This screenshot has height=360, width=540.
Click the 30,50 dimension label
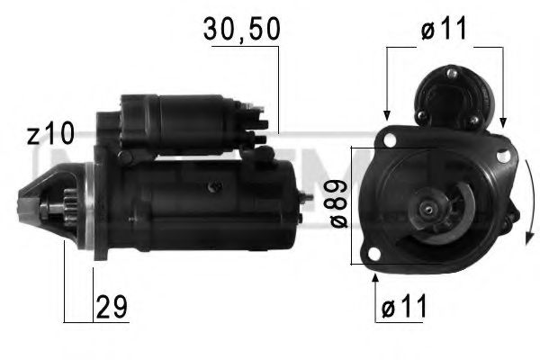(x=242, y=29)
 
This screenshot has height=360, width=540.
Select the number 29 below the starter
(x=112, y=308)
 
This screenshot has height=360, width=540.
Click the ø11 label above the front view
(x=444, y=29)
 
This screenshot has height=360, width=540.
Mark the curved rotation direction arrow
(x=526, y=202)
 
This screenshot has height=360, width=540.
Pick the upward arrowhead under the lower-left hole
(x=374, y=278)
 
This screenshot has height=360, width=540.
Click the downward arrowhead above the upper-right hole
(x=501, y=120)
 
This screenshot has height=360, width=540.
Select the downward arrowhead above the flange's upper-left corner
(x=386, y=114)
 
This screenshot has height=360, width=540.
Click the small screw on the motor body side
(x=213, y=186)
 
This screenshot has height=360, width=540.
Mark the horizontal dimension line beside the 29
(x=79, y=319)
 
